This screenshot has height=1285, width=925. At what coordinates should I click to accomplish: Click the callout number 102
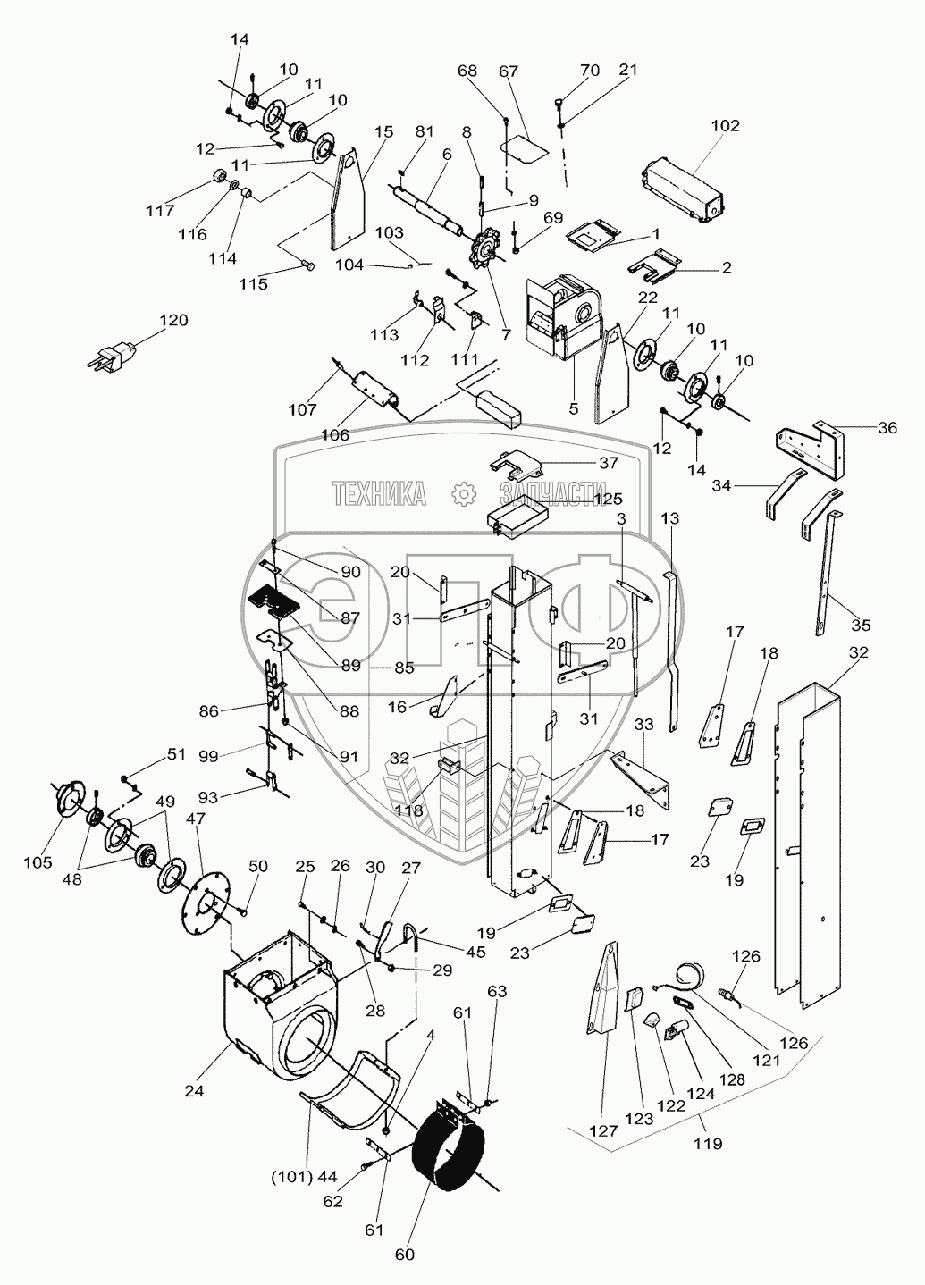pos(726,126)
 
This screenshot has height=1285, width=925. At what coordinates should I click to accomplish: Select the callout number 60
pos(405,1255)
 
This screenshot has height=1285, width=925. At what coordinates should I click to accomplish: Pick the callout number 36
pos(887,428)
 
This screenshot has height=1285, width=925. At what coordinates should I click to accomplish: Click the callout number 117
pos(161,211)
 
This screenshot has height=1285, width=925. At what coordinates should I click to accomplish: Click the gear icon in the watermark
pos(462,492)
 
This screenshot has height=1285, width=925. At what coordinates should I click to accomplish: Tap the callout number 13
pos(671,518)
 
